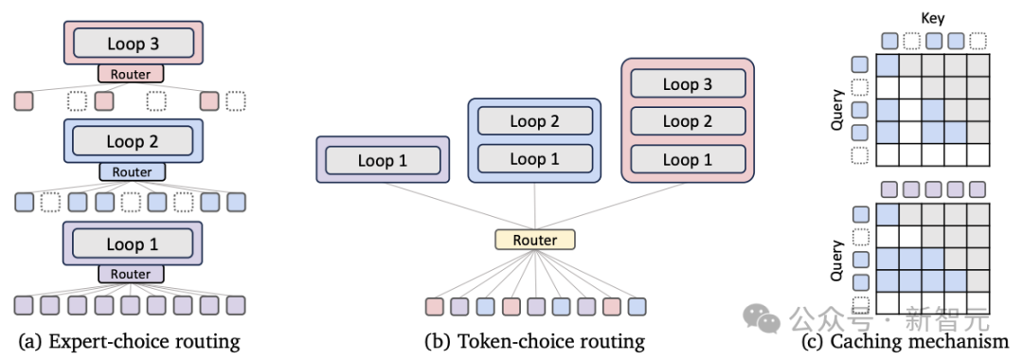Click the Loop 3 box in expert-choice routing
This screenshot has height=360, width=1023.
point(133,44)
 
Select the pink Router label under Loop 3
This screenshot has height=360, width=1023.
point(132,74)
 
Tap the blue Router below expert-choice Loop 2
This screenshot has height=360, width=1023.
point(132,171)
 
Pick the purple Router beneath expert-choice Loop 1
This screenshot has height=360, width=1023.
point(132,273)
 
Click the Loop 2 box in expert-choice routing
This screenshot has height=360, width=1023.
point(133,141)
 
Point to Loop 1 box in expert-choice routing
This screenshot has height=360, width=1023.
point(133,243)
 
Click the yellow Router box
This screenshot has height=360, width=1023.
point(534,240)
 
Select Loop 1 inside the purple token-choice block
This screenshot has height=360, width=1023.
point(383,160)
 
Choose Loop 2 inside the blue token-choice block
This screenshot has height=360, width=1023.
point(535,121)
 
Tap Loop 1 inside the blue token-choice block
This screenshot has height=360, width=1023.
point(535,158)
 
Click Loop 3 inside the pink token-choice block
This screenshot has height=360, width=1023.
point(688,83)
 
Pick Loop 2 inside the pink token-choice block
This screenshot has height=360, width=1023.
point(688,121)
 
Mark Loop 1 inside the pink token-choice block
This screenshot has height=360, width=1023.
point(688,159)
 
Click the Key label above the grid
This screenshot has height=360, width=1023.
point(933,16)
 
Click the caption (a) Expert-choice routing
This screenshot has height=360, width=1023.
point(130,340)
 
